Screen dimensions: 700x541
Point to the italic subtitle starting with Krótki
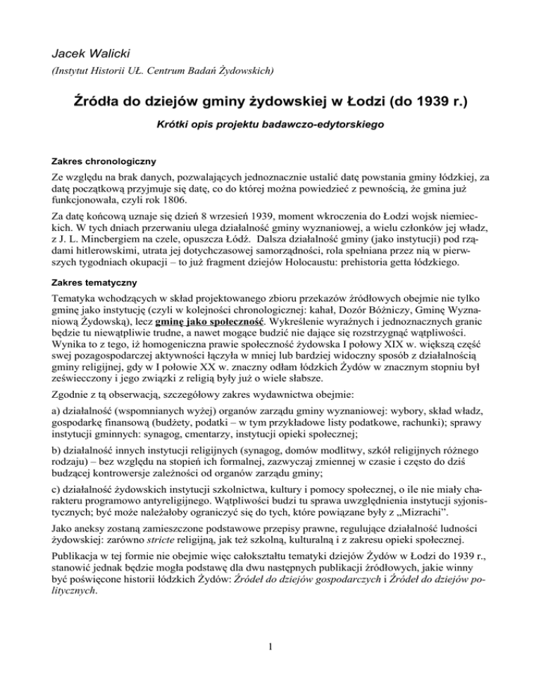coord(270,129)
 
